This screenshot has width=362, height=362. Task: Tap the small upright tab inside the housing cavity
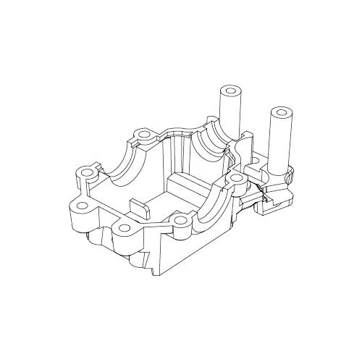(x=140, y=208)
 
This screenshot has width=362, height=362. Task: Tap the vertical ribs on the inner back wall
(x=175, y=156)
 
